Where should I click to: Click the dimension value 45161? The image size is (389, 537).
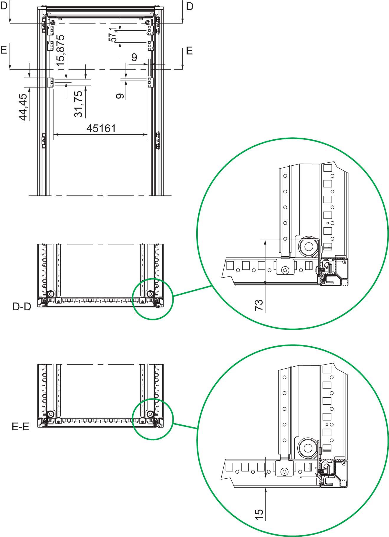click(101, 128)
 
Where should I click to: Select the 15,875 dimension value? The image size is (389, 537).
click(60, 52)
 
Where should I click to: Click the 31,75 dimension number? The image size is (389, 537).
click(79, 104)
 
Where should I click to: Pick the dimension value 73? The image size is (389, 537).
click(259, 305)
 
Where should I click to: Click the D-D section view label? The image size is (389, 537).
click(22, 307)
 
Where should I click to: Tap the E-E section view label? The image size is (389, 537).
click(21, 427)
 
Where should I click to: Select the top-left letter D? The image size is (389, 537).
click(4, 6)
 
